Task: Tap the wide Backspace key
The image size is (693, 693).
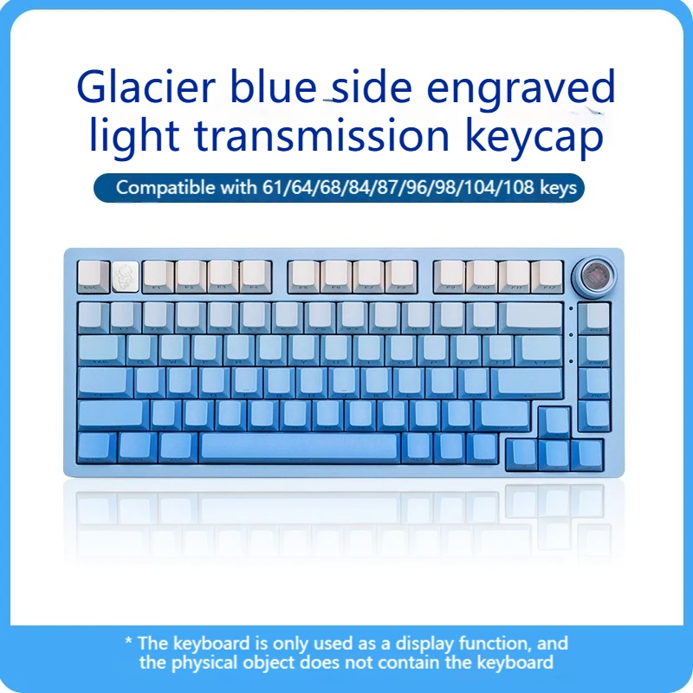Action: pyautogui.click(x=531, y=316)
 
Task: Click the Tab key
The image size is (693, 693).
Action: pyautogui.click(x=100, y=349)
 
